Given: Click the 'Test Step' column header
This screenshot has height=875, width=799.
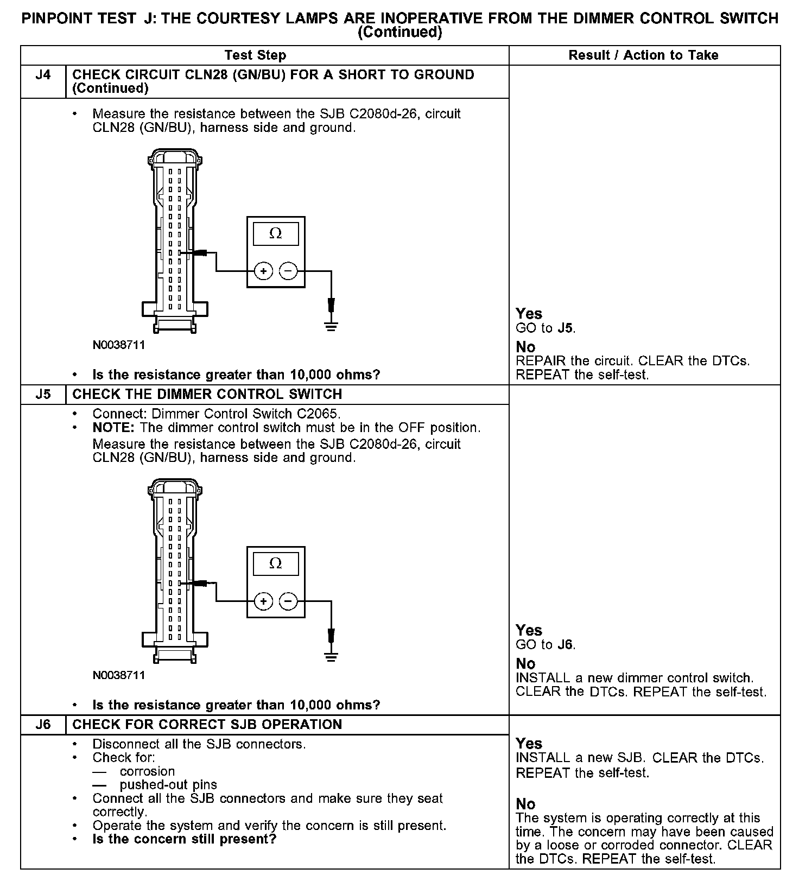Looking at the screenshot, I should (x=255, y=55).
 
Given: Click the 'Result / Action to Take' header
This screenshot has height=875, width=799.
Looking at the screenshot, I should (x=643, y=55).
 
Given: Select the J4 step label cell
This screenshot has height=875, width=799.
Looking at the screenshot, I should (x=43, y=75).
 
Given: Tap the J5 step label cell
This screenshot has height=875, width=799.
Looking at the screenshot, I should (x=43, y=394).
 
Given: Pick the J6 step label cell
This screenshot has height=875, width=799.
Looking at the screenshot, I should (x=43, y=725).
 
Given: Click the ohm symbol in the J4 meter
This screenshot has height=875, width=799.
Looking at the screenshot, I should (x=276, y=233).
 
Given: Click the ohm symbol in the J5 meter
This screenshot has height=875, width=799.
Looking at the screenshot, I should (x=276, y=563).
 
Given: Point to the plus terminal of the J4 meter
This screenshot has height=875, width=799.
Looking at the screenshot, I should (x=263, y=271).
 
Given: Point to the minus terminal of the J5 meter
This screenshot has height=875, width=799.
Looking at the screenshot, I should (x=288, y=601).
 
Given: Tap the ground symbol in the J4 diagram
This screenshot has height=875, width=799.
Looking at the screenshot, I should (x=331, y=326).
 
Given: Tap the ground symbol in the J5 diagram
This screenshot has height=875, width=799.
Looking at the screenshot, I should (x=331, y=656).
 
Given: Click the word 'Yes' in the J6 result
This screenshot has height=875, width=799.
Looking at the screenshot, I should (x=529, y=744).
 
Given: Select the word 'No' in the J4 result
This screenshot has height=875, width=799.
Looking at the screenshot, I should (x=525, y=347).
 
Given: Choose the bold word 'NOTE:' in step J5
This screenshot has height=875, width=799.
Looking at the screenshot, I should (x=113, y=428).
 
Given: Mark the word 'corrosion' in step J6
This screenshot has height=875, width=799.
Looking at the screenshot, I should (x=147, y=771).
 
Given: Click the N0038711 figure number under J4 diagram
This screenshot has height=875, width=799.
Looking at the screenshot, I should (x=119, y=345).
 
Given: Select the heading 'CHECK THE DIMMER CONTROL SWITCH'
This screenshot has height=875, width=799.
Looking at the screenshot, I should (x=207, y=394).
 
